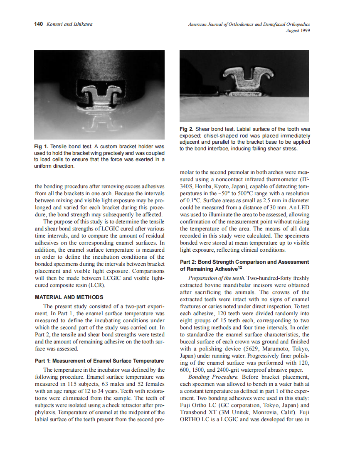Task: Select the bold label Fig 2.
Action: pyautogui.click(x=186, y=129)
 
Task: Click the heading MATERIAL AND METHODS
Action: pyautogui.click(x=69, y=297)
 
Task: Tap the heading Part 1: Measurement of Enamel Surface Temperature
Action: pyautogui.click(x=99, y=361)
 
